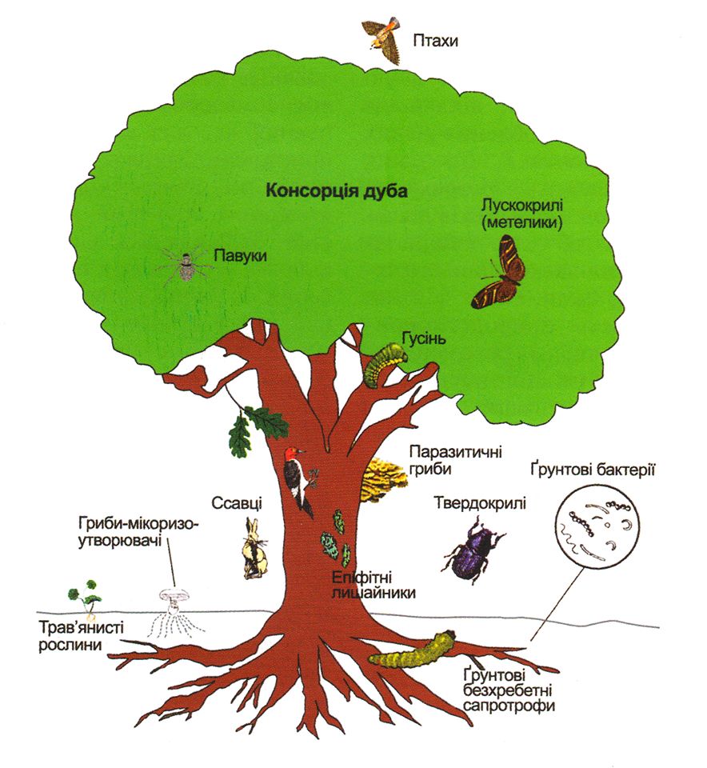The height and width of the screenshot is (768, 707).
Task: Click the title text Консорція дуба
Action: (x=337, y=190)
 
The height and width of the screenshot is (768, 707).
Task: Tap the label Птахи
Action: (x=435, y=40)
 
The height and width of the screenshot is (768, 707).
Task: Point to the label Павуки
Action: (x=240, y=255)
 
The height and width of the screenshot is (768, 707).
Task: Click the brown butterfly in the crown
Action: (x=499, y=272)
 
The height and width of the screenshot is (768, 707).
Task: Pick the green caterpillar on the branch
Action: (x=385, y=363)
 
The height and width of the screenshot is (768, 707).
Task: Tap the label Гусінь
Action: (x=424, y=338)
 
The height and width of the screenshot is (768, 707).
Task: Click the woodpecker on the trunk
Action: (x=298, y=480)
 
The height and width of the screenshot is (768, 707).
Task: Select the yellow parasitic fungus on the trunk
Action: (x=383, y=479)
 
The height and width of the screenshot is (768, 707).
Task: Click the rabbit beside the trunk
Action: (x=254, y=548)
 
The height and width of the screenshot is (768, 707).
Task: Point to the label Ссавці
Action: (x=237, y=503)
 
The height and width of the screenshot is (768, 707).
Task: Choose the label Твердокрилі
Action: (x=480, y=503)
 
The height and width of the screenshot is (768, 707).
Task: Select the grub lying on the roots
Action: (x=412, y=651)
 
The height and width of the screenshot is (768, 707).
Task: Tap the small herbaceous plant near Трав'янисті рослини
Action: (x=84, y=596)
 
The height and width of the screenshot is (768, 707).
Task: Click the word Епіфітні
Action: (x=361, y=578)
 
